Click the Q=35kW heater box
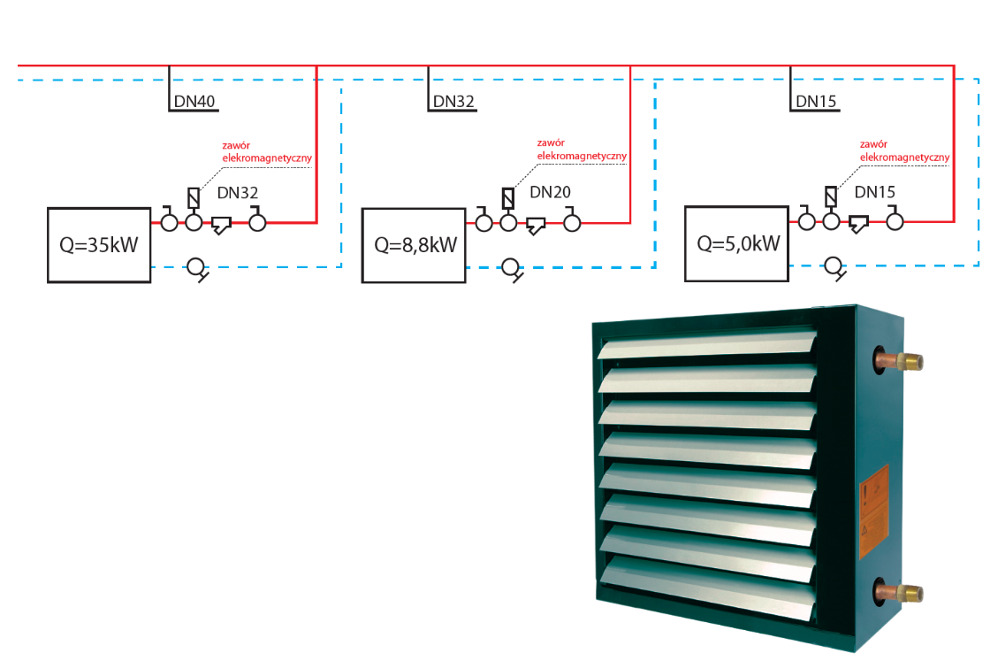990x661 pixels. (x=99, y=245)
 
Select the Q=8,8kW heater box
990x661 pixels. (x=414, y=245)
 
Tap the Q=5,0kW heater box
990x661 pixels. (x=737, y=244)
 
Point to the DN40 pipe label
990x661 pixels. (x=194, y=101)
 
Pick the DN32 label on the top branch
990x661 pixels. (x=454, y=101)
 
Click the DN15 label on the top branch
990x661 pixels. (x=816, y=101)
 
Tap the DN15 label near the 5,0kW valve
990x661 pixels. (x=874, y=192)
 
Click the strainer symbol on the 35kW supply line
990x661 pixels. (x=221, y=225)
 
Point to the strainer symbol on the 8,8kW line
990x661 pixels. (x=536, y=226)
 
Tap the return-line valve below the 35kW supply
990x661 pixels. (x=195, y=267)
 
